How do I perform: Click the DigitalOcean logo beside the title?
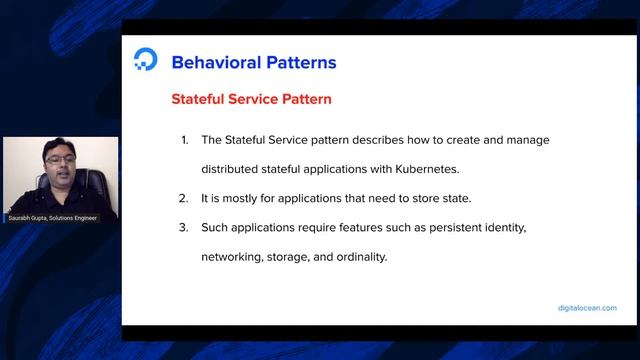(145, 60)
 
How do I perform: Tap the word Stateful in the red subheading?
(200, 100)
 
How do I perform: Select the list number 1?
(184, 140)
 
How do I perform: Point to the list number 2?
(184, 198)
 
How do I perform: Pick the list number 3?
(184, 228)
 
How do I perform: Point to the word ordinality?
(356, 257)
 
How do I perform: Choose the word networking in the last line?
(231, 257)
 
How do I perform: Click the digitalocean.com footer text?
(587, 308)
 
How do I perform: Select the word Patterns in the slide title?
(301, 62)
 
